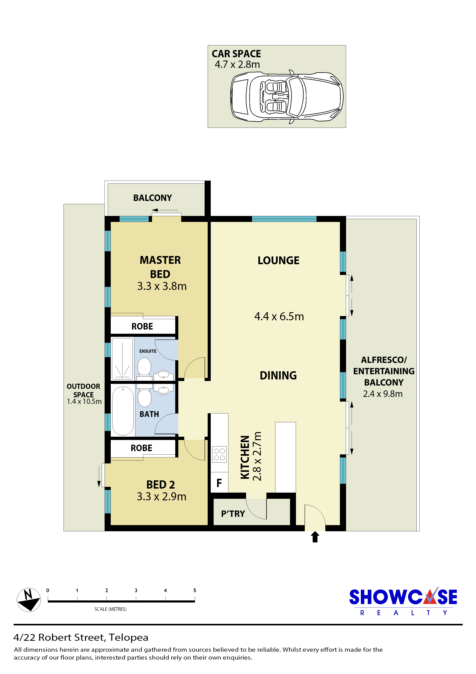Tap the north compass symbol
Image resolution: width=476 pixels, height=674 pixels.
tap(29, 600)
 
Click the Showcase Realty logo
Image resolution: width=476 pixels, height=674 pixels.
tap(403, 602)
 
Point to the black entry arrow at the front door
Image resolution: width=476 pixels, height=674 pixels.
tap(315, 537)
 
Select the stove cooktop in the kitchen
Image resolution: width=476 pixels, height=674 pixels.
tap(219, 454)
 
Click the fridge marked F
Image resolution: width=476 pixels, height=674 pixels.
tap(219, 483)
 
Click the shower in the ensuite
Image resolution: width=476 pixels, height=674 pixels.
tap(122, 359)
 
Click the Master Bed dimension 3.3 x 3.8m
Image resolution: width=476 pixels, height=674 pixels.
tap(162, 286)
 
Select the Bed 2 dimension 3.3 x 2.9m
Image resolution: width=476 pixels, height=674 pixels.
tap(162, 496)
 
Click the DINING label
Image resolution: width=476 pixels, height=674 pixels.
tap(278, 375)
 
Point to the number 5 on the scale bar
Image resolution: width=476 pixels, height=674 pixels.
tap(195, 590)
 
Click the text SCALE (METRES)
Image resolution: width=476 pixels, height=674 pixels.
tap(111, 609)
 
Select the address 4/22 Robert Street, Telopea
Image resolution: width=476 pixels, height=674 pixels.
tap(81, 638)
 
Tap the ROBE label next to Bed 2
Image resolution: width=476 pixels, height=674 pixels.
tap(141, 448)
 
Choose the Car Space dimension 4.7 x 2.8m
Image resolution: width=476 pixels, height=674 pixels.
tap(237, 64)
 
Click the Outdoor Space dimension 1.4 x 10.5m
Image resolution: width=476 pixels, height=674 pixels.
tap(84, 401)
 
